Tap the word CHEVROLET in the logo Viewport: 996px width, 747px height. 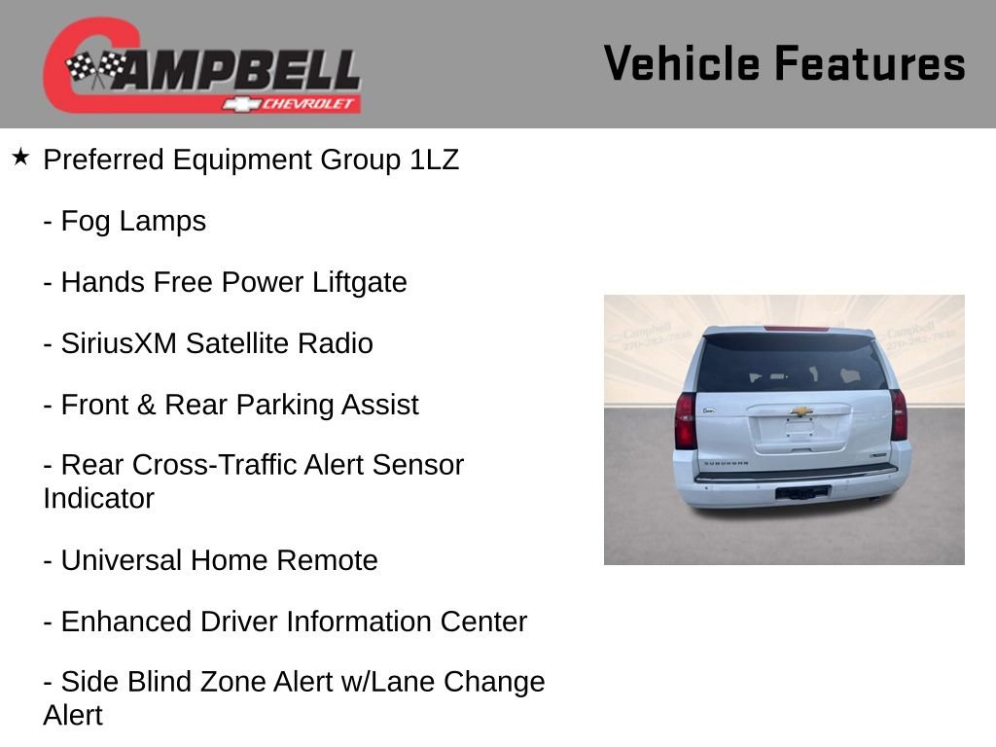coord(310,104)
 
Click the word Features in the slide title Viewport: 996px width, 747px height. coord(870,63)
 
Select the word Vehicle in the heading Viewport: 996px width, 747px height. coord(681,63)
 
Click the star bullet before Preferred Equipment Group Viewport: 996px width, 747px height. coord(20,157)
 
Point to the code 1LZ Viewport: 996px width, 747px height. coord(434,160)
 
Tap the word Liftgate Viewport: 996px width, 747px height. coord(360,282)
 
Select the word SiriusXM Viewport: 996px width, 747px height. coord(119,343)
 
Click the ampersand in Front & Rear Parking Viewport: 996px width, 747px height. coord(147,405)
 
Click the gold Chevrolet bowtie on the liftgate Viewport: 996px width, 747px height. coord(800,411)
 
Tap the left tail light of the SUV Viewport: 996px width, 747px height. coord(686,420)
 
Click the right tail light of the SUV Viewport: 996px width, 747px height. coord(899,416)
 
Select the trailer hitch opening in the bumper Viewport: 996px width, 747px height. coord(801,493)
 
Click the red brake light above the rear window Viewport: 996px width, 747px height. coord(797,329)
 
